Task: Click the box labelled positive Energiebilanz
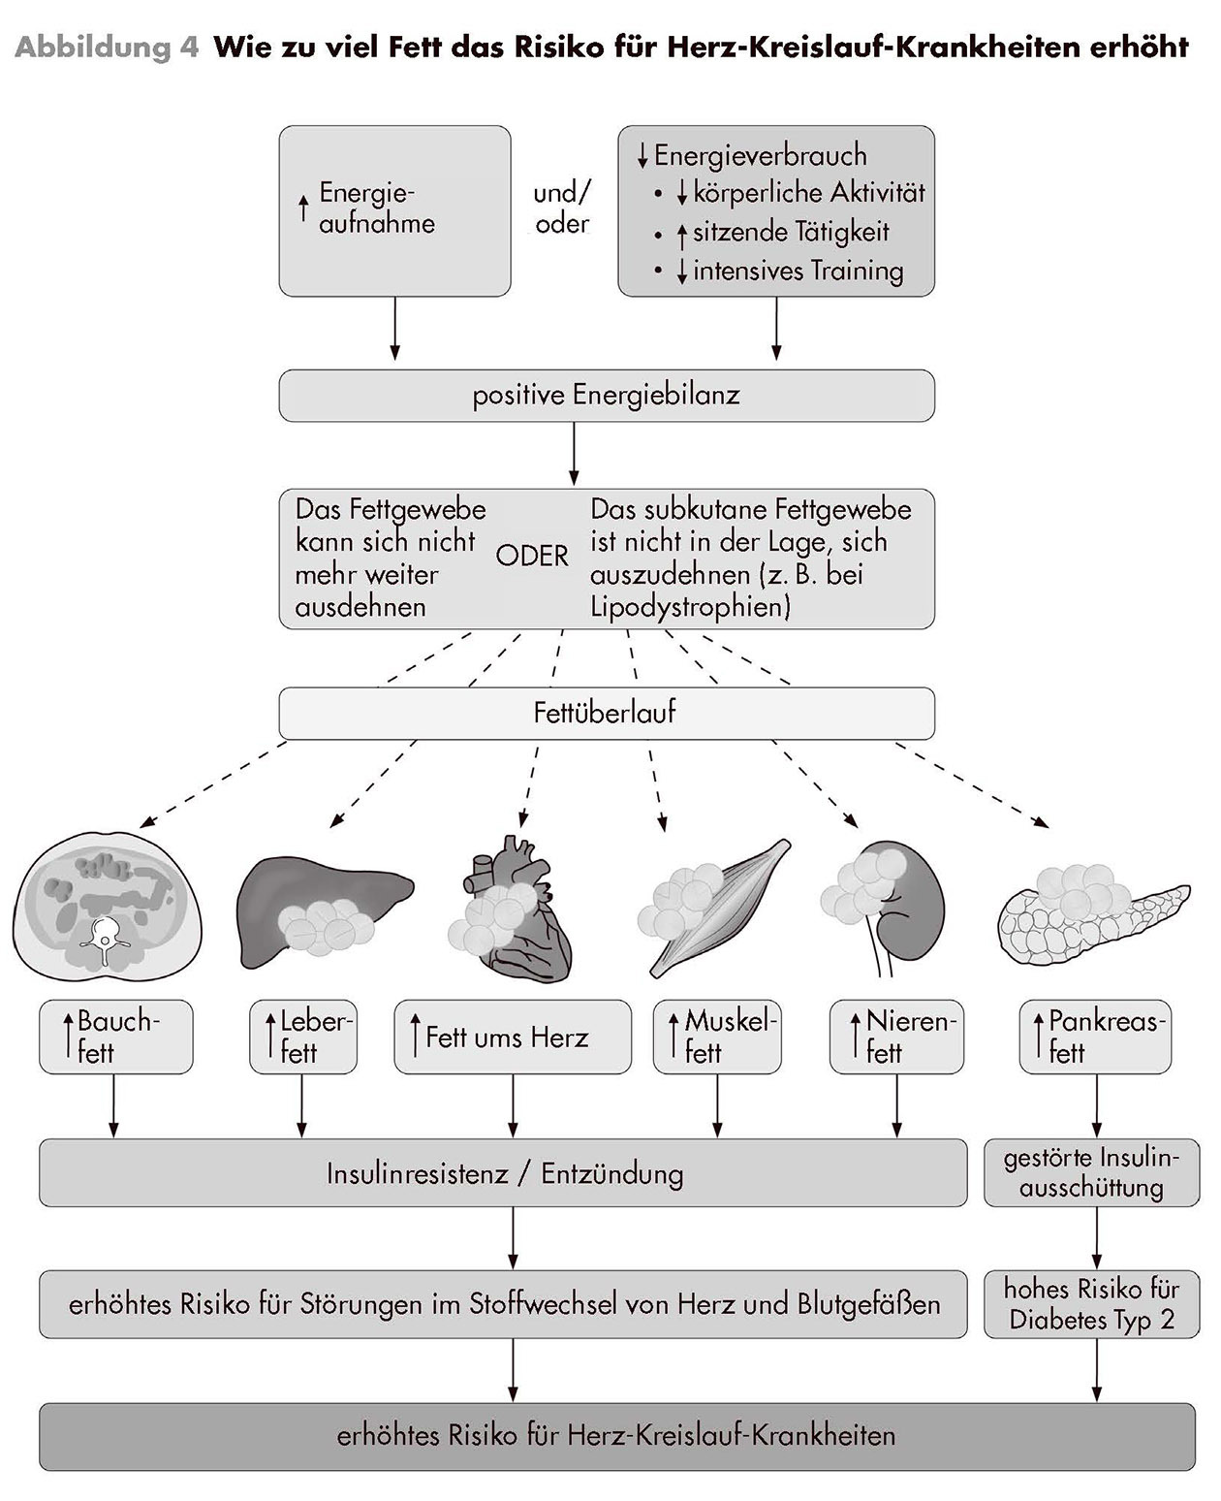click(x=607, y=396)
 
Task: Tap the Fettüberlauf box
click(x=607, y=714)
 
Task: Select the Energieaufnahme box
click(x=394, y=210)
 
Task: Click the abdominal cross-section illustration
click(x=107, y=907)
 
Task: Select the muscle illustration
click(x=712, y=907)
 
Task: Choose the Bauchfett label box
click(x=115, y=1037)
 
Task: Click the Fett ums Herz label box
click(x=512, y=1038)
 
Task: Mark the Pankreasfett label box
click(x=1095, y=1037)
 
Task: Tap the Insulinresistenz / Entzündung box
click(x=503, y=1173)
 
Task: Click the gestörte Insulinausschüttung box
click(x=1091, y=1173)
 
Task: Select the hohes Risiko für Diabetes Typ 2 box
click(x=1091, y=1304)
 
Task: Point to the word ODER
click(x=532, y=557)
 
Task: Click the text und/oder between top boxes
click(x=562, y=208)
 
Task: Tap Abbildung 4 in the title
click(x=107, y=47)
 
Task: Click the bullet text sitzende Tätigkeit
click(x=790, y=233)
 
